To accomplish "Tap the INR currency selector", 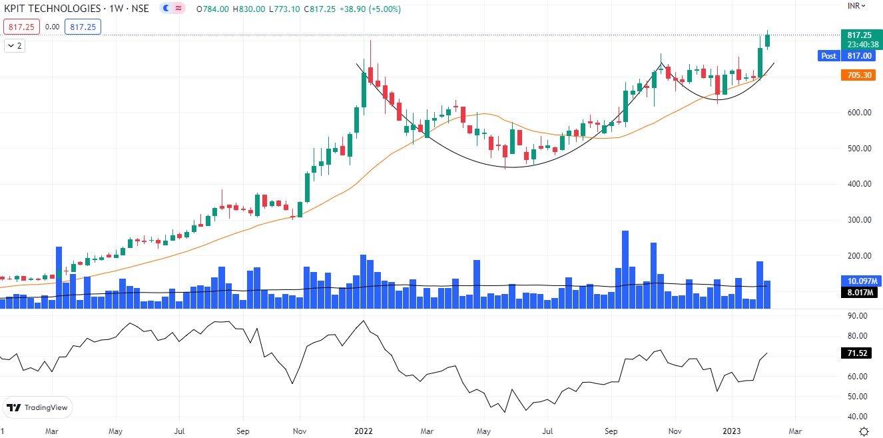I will click(x=856, y=5).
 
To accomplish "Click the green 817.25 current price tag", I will click(x=856, y=35).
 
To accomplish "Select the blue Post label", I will click(x=828, y=56).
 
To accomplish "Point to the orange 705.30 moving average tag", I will click(x=856, y=75).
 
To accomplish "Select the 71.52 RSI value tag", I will click(x=856, y=353).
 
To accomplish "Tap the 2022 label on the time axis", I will click(x=364, y=431).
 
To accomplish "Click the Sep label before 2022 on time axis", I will click(x=242, y=431).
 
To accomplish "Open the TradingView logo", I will click(x=38, y=407).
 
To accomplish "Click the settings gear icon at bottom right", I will click(x=863, y=431).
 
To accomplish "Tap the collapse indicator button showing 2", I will click(x=15, y=46).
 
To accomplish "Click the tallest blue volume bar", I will click(x=625, y=269).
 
